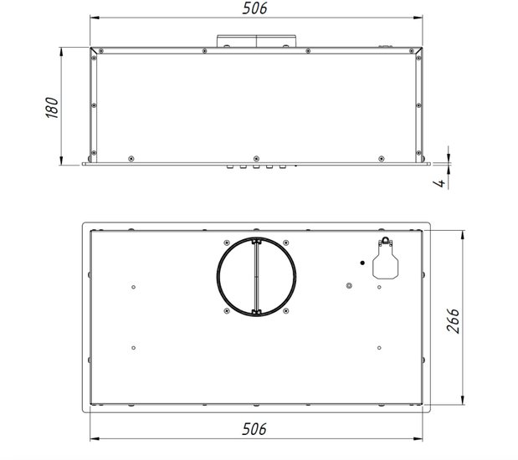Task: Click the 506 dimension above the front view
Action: [254, 8]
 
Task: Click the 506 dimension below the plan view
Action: [254, 429]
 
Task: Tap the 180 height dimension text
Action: [52, 108]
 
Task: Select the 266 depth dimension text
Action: [453, 320]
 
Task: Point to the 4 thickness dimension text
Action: [440, 182]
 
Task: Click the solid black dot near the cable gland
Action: [362, 263]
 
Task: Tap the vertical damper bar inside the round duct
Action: [256, 276]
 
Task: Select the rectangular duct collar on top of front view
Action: [256, 41]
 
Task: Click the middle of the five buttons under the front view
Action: [256, 166]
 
